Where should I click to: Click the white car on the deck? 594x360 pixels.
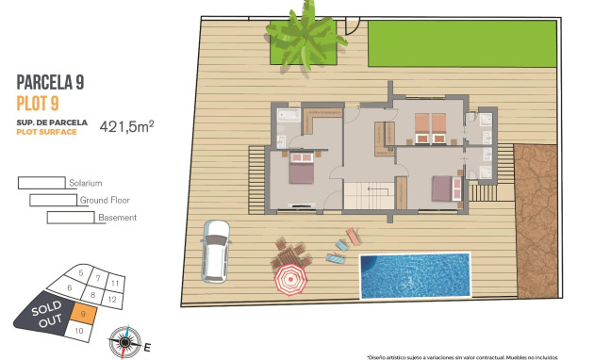[216, 252]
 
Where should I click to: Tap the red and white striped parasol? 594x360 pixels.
[290, 279]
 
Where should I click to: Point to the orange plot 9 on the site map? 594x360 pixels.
[85, 314]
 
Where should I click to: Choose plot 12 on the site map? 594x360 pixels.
[111, 299]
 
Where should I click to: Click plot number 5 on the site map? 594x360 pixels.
[83, 275]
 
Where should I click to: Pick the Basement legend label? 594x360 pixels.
[117, 218]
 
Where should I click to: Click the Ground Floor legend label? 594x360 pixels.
[105, 200]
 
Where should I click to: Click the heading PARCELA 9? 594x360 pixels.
[51, 83]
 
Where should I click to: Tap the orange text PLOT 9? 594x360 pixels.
[39, 102]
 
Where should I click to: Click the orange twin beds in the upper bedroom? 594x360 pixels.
[431, 124]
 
